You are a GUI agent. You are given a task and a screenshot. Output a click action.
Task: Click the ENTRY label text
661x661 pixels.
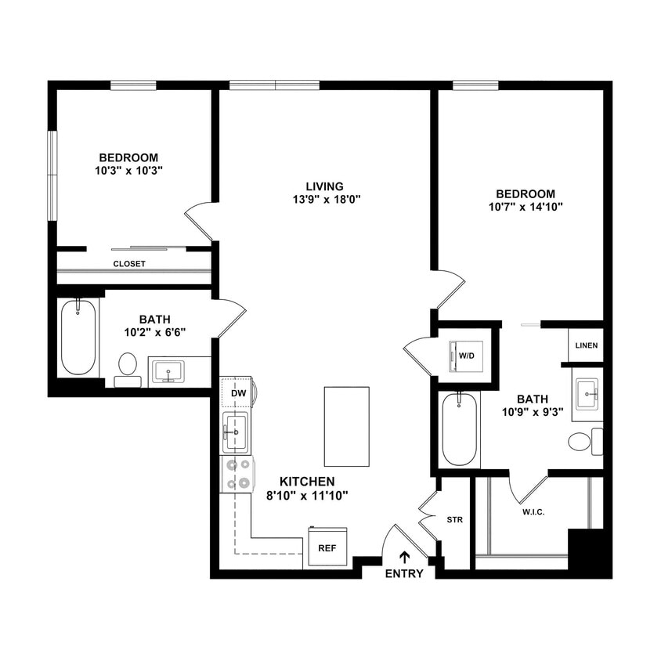pos(404,574)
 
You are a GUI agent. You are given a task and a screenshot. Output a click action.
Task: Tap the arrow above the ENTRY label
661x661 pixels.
pos(404,557)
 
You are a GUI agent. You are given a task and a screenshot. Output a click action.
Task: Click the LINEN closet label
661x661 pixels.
pos(586,345)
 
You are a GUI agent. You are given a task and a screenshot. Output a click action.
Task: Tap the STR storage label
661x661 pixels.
pos(454,518)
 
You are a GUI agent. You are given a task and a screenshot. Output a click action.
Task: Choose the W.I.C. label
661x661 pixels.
pos(533,512)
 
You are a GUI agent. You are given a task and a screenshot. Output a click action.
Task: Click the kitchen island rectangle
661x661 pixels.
pos(345,426)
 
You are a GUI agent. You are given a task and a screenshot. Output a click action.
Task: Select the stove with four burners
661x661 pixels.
pos(237,474)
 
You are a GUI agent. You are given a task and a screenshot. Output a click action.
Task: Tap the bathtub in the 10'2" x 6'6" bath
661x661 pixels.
pos(78,337)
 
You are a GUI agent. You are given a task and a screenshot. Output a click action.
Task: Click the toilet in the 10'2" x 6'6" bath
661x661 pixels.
pos(127,369)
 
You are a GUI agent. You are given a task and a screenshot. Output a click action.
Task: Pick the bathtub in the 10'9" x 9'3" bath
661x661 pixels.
pos(460,430)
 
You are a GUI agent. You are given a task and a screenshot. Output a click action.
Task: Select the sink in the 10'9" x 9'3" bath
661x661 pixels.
pos(586,393)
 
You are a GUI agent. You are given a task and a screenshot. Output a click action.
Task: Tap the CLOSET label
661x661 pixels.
pos(129,264)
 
